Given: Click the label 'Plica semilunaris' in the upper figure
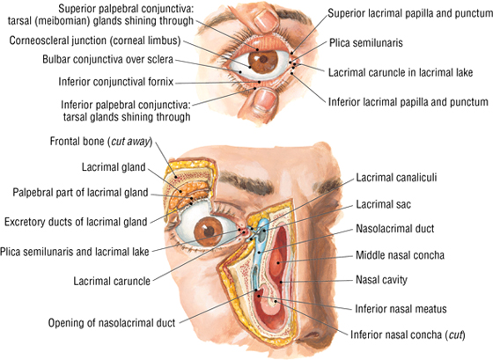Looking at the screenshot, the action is pyautogui.click(x=365, y=43).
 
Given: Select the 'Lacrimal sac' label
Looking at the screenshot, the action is pyautogui.click(x=383, y=205).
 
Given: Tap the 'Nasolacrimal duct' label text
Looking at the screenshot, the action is pyautogui.click(x=395, y=229).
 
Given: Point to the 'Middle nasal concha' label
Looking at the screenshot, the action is pyautogui.click(x=400, y=255).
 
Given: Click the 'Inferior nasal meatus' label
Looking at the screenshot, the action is pyautogui.click(x=401, y=309).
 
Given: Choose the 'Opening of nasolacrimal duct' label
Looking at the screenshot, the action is pyautogui.click(x=112, y=323).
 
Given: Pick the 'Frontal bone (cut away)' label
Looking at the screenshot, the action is pyautogui.click(x=101, y=142).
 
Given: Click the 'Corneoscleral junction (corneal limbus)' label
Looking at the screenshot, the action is pyautogui.click(x=95, y=40).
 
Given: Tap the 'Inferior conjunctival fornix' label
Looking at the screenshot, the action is pyautogui.click(x=116, y=82).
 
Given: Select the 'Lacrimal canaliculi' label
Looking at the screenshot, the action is pyautogui.click(x=396, y=178).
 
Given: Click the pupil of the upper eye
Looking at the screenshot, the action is pyautogui.click(x=263, y=59).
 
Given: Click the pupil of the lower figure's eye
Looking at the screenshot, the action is pyautogui.click(x=210, y=232).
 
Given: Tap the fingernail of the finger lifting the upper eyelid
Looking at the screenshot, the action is pyautogui.click(x=265, y=19).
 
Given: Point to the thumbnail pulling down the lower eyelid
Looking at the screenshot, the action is pyautogui.click(x=265, y=99).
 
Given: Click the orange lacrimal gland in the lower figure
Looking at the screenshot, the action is pyautogui.click(x=187, y=194).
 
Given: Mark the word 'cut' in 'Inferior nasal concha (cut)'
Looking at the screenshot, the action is pyautogui.click(x=455, y=334).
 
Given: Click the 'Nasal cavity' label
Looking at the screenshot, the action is pyautogui.click(x=381, y=280).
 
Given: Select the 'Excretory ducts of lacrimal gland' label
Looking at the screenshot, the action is pyautogui.click(x=76, y=222).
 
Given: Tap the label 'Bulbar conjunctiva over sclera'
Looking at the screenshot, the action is pyautogui.click(x=107, y=60).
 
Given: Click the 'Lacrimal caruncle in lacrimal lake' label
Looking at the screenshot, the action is pyautogui.click(x=401, y=73).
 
